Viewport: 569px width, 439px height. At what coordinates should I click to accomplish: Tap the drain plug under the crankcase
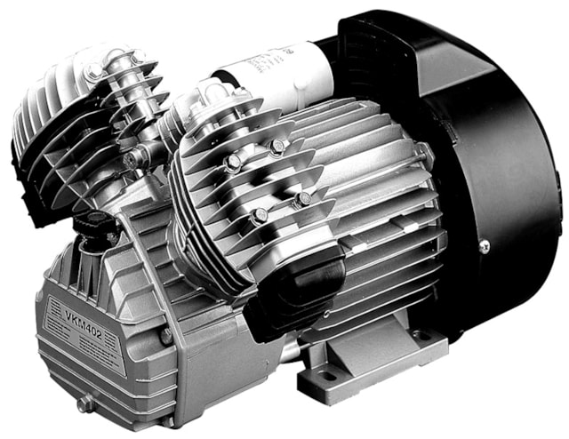84,403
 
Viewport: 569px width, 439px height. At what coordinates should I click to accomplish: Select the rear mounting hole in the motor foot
418,337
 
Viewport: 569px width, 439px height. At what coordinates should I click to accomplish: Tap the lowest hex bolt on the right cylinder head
259,216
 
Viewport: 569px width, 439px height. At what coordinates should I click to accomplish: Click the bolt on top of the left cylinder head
92,71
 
